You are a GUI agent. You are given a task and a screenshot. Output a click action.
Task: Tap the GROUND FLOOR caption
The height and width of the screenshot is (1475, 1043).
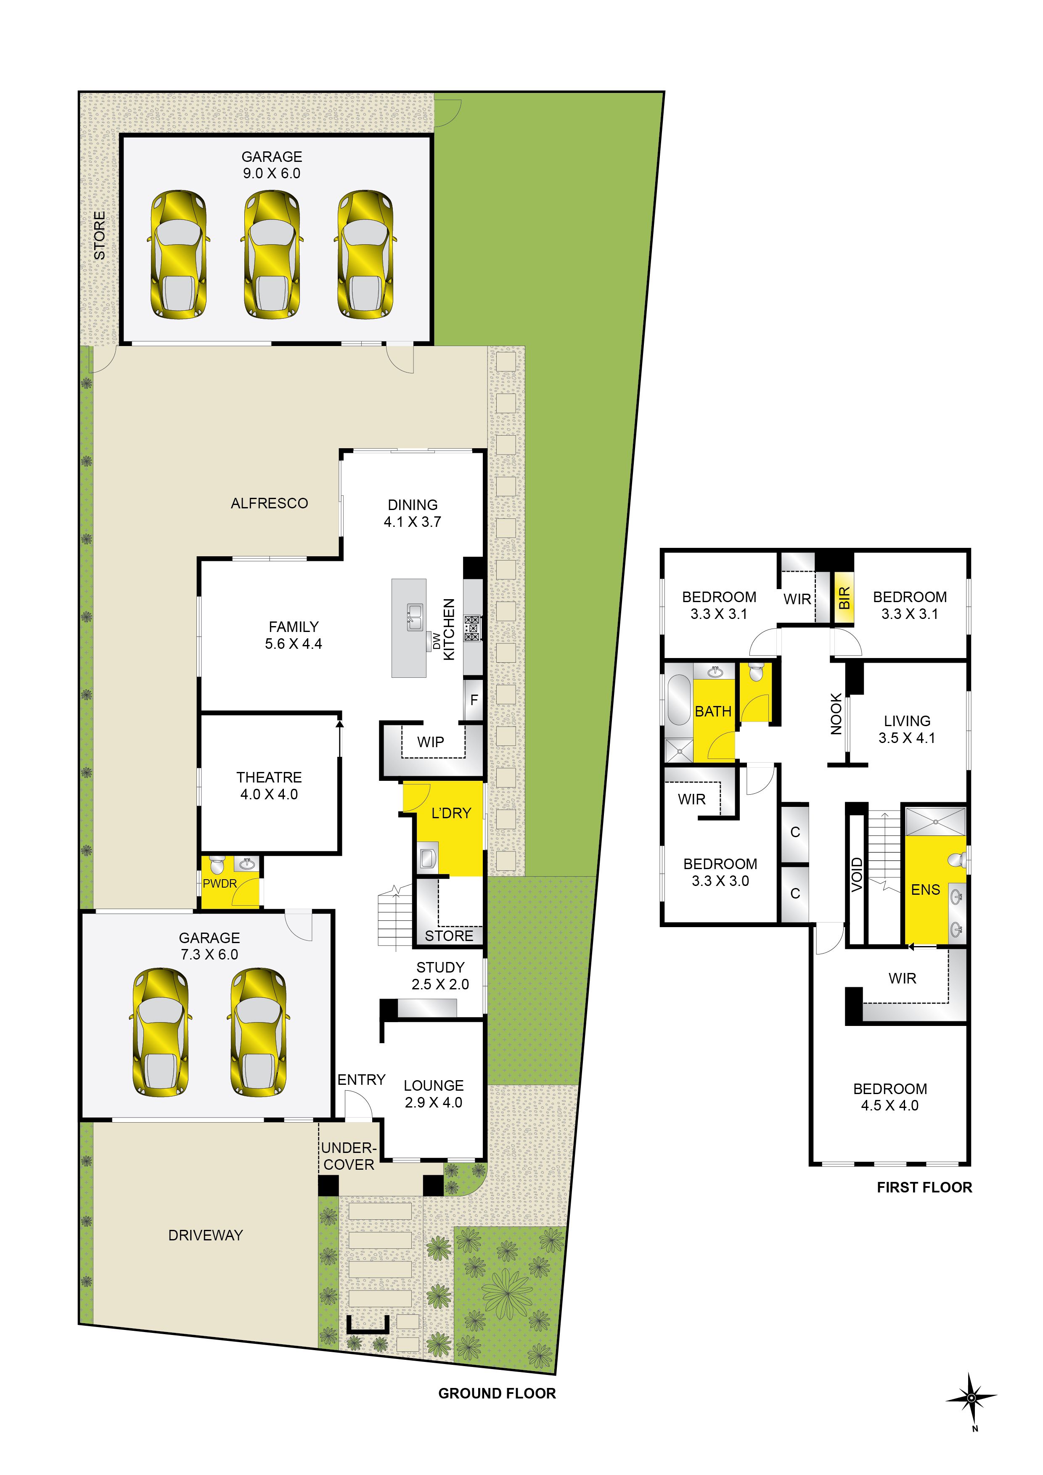coord(497,1393)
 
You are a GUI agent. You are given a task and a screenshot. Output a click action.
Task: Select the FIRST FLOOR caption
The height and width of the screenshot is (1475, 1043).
coord(924,1187)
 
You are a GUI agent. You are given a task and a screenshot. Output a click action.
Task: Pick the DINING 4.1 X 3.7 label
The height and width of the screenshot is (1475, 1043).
coord(413,513)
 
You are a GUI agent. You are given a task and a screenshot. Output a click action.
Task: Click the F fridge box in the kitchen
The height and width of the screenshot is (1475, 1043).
coord(474,700)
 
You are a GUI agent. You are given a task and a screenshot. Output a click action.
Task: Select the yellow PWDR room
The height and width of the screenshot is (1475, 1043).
coord(230,881)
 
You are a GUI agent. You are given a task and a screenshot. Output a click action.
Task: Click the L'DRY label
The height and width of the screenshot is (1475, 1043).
coord(451,813)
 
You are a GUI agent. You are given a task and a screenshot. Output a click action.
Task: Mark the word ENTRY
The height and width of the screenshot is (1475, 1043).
coord(361,1080)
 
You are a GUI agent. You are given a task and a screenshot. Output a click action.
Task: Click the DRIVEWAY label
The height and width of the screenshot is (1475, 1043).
coord(206,1235)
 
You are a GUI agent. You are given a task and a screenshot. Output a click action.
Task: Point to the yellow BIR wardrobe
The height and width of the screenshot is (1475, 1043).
coord(844,597)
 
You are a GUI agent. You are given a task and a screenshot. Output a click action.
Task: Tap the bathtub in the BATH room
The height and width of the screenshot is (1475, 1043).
coord(678,700)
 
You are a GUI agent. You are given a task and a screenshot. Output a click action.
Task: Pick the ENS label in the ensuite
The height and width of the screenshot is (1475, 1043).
coord(925,890)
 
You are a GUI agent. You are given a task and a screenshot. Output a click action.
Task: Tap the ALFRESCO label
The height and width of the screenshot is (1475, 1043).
coord(269,503)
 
